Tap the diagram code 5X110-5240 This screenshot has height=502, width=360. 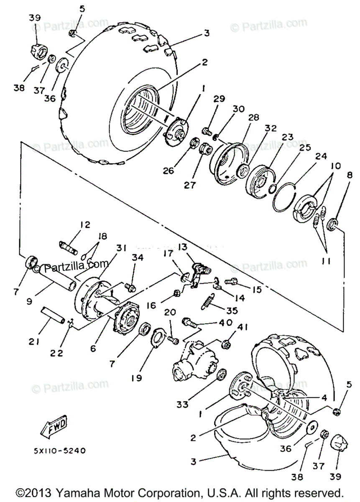tap(60, 451)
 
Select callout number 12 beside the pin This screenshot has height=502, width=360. tap(85, 225)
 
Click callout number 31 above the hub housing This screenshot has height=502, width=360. tap(121, 248)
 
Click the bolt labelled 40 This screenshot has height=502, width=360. tap(188, 323)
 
